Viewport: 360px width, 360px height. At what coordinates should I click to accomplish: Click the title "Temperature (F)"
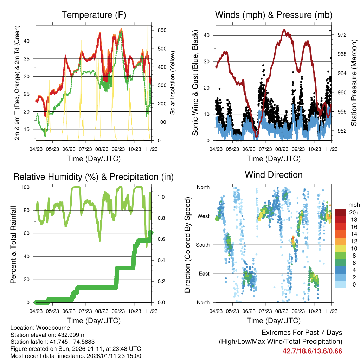(94, 15)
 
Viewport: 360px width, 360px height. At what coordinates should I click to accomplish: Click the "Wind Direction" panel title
(274, 175)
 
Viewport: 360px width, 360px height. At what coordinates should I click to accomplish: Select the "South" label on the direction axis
(203, 245)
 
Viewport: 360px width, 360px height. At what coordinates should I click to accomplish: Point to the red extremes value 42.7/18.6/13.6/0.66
(312, 351)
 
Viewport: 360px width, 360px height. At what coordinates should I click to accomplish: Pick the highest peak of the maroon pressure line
(284, 30)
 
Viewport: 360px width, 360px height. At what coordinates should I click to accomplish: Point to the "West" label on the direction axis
(204, 216)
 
